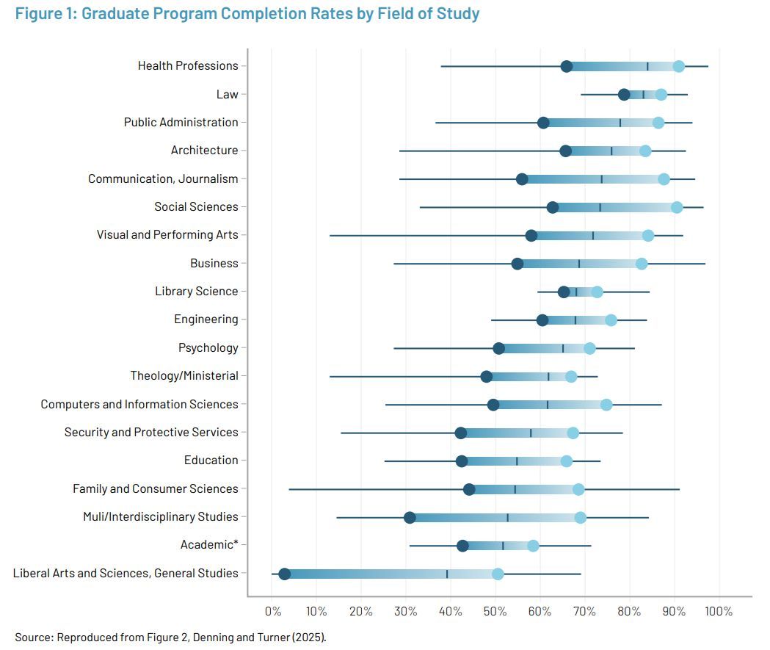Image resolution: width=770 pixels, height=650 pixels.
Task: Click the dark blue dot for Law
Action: (x=624, y=95)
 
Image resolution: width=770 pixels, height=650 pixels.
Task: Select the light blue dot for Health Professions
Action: (x=679, y=67)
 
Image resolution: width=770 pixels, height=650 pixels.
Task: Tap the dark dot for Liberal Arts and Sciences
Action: (x=285, y=574)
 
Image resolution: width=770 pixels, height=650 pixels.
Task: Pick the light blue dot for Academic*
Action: (x=533, y=546)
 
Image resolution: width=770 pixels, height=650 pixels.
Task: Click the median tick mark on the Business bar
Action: (x=579, y=264)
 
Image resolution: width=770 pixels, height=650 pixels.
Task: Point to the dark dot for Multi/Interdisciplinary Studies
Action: (x=410, y=518)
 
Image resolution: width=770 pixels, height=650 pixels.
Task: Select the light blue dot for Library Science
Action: (x=598, y=292)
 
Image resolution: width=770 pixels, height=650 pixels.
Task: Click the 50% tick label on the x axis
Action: (x=495, y=611)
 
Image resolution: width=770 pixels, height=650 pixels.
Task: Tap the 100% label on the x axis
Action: (x=719, y=611)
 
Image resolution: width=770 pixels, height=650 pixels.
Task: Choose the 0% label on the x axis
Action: (x=272, y=611)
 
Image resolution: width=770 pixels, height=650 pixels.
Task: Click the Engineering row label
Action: (x=206, y=319)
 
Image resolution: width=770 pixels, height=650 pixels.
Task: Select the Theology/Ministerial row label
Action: (x=184, y=376)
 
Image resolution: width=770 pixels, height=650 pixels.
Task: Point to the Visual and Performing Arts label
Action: (x=167, y=235)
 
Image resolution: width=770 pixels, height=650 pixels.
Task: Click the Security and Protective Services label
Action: (x=151, y=433)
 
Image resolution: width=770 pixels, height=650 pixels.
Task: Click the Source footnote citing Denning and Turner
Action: (x=170, y=637)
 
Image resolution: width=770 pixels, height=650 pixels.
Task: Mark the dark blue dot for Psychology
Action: (x=499, y=348)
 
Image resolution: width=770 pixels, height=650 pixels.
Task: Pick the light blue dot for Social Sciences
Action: (x=677, y=208)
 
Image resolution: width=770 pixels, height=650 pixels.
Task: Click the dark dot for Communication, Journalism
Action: (x=522, y=179)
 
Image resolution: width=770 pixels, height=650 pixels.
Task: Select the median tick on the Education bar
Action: (x=517, y=461)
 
